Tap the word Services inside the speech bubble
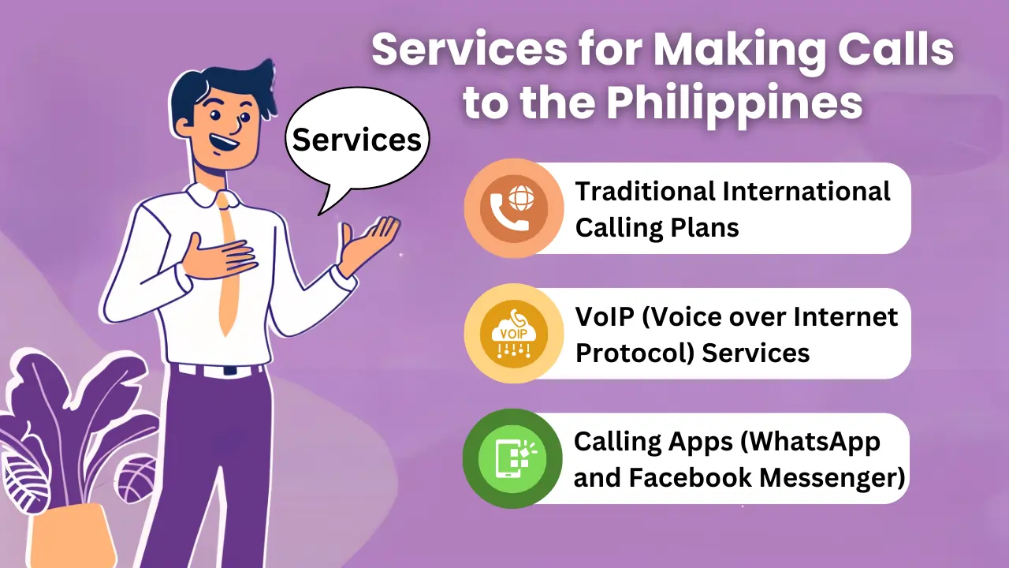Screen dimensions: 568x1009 click(357, 140)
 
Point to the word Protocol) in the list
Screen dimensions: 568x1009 click(635, 353)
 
